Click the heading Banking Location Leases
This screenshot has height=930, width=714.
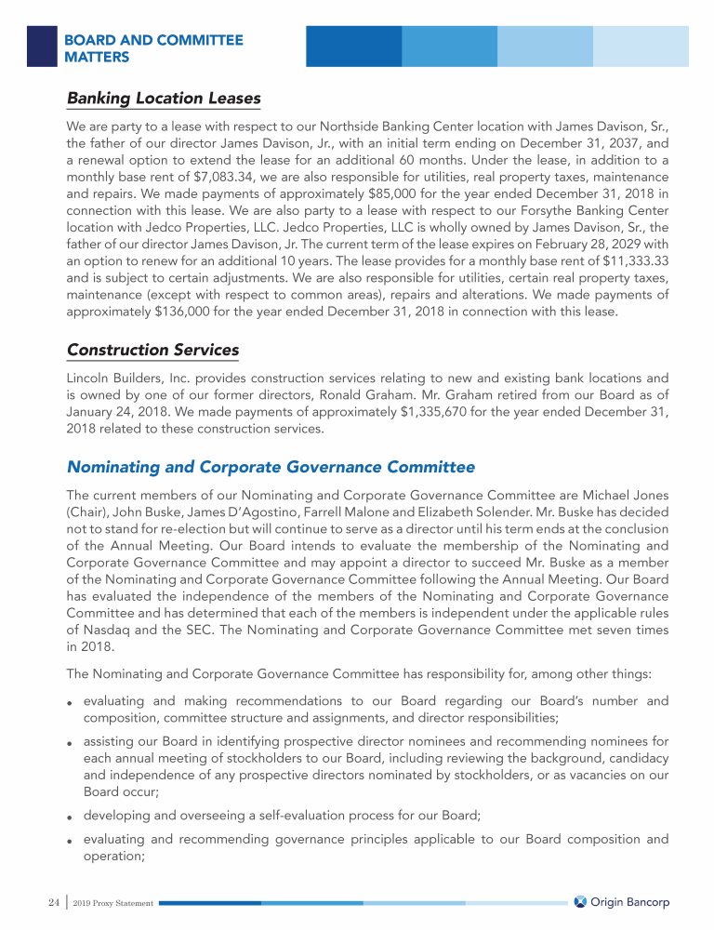[x=164, y=99]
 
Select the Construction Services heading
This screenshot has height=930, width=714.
[x=152, y=351]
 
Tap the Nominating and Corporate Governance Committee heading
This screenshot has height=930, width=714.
[x=271, y=467]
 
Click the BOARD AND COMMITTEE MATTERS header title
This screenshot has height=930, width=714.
[x=153, y=48]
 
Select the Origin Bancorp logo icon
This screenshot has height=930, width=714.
[x=580, y=902]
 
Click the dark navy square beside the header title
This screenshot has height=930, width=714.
[x=42, y=46]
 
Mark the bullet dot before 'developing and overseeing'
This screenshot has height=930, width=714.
[x=71, y=817]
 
